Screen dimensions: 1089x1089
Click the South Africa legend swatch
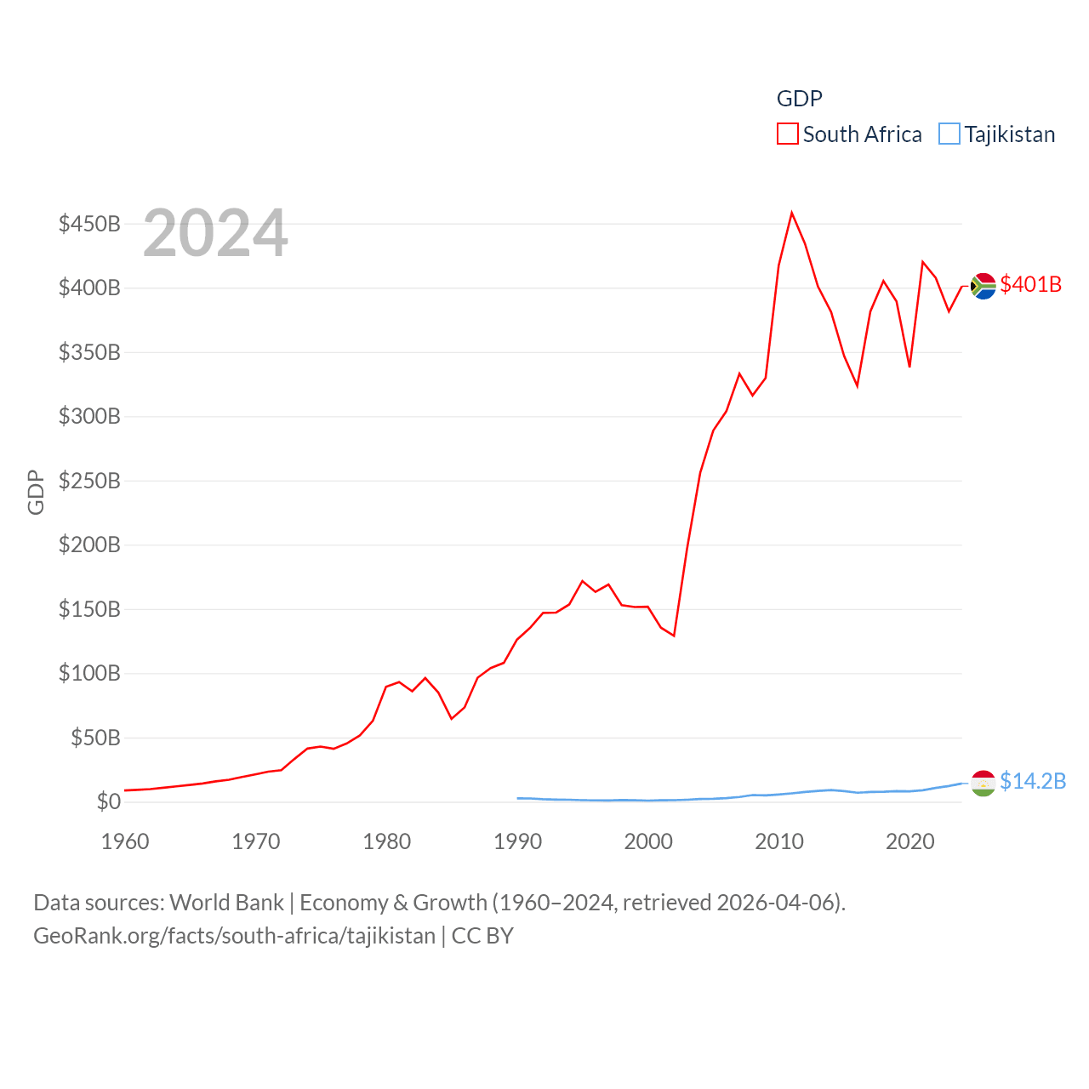(x=787, y=134)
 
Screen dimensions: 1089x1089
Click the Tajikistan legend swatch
(x=949, y=134)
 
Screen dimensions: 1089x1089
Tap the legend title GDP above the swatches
(x=799, y=99)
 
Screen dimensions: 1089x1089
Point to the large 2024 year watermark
(x=215, y=233)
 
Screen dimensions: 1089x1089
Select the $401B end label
(x=1030, y=284)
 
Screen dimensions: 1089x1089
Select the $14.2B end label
(x=1032, y=781)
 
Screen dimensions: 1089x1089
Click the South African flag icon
(x=983, y=286)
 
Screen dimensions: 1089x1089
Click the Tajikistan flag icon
(x=983, y=783)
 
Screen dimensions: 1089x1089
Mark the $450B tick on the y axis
(x=89, y=224)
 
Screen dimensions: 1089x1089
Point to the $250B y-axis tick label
(x=89, y=481)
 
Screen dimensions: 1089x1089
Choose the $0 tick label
(x=108, y=801)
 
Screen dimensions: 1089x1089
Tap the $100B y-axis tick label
(x=89, y=673)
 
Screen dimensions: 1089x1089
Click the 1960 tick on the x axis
(x=125, y=841)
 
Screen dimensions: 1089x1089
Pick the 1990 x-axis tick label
(x=517, y=841)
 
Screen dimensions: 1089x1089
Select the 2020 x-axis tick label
(x=909, y=841)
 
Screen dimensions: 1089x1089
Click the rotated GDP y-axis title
(x=36, y=492)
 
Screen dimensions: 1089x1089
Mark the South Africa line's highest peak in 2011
(x=791, y=213)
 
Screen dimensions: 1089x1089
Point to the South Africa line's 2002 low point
(x=674, y=636)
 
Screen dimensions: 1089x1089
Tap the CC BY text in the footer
(x=482, y=936)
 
